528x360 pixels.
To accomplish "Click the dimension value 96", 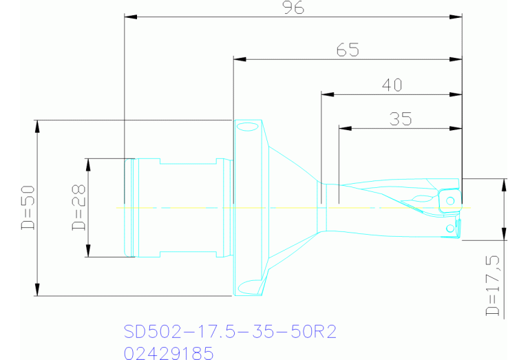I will [293, 8].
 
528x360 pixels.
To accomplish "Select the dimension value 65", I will [348, 50].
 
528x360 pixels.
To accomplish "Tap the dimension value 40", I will [391, 85].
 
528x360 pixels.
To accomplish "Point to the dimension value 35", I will [400, 119].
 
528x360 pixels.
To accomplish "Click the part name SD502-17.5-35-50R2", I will [230, 332].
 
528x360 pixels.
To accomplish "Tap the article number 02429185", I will [169, 352].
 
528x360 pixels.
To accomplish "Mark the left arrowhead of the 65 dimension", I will [239, 59].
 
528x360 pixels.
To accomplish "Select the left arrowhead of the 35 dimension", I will [344, 128].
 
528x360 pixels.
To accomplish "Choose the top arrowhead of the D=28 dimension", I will [89, 163].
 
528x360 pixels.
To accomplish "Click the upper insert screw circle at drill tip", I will [450, 200].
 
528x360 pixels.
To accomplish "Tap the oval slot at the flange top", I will [246, 126].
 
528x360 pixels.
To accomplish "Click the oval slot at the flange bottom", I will [248, 286].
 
